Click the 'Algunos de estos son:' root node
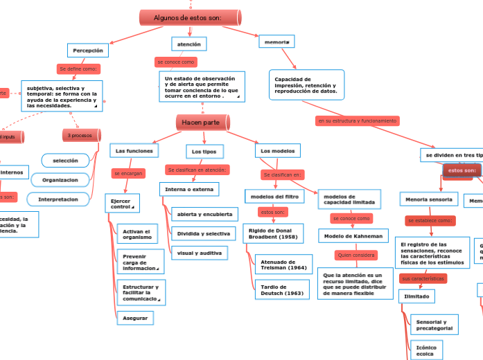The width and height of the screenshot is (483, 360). coord(188,17)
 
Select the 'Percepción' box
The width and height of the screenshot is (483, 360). coord(88,51)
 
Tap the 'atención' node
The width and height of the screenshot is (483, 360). coord(189,44)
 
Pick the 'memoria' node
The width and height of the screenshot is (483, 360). coord(276,42)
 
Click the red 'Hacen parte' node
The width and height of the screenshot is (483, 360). coord(202,123)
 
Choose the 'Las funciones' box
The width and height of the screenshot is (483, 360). coord(134,150)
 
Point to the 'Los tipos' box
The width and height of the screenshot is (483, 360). coord(204,151)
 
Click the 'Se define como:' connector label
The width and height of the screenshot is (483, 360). coord(78,69)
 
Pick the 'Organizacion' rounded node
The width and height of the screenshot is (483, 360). coord(65,179)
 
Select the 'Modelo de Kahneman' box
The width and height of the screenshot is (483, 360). coord(353,236)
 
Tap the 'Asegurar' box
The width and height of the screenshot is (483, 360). coord(134,318)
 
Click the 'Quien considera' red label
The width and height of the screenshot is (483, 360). coord(355,255)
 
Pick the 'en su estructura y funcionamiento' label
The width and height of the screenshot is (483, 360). coord(357,120)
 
